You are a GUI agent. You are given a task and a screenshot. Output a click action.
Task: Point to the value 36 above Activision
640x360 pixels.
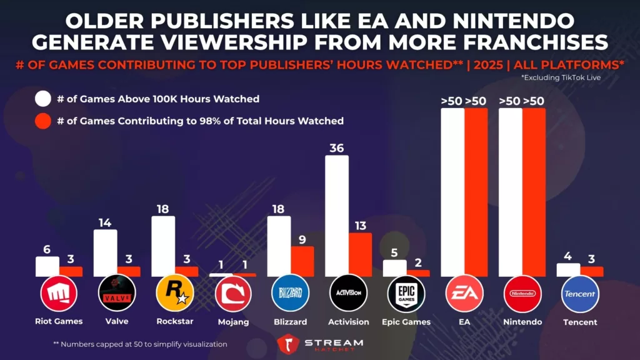click(337, 147)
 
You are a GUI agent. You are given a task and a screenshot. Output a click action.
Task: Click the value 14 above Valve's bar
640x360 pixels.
click(105, 222)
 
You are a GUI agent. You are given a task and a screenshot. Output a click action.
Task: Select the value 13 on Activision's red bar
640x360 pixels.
click(361, 225)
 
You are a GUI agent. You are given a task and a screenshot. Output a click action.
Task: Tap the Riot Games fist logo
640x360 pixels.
click(59, 293)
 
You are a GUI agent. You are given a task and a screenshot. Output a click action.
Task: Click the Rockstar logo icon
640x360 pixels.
click(175, 293)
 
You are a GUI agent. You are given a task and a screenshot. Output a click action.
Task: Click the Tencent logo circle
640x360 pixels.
click(580, 293)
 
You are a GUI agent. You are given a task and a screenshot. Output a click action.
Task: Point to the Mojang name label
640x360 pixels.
click(232, 322)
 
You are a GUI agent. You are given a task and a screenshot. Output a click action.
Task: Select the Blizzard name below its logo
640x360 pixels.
click(291, 322)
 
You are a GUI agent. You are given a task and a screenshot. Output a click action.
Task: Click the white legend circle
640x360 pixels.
click(43, 99)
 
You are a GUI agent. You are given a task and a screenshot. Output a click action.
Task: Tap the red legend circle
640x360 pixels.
click(43, 121)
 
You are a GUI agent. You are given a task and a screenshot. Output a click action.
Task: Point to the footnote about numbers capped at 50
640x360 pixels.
click(141, 344)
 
